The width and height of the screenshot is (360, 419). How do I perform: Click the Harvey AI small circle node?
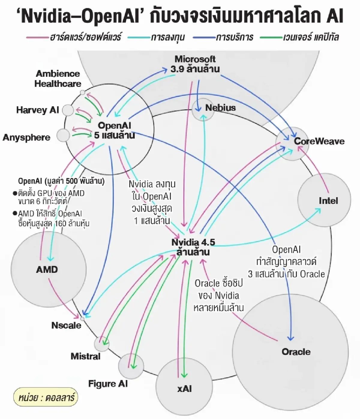click(68, 110)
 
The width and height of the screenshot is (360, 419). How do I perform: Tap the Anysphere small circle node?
click(63, 135)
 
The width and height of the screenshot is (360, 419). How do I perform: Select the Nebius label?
click(220, 108)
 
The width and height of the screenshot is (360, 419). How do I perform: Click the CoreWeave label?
click(319, 141)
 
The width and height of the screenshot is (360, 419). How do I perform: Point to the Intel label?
click(328, 200)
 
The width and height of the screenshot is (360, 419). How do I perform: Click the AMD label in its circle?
click(47, 269)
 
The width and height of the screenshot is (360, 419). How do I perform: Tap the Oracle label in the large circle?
click(296, 351)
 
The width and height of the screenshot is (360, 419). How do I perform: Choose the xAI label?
click(184, 389)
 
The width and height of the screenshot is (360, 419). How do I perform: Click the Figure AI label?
click(108, 384)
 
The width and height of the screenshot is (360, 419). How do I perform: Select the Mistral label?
click(85, 356)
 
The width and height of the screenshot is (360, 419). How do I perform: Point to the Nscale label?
click(66, 325)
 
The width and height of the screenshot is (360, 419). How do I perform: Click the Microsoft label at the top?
click(195, 59)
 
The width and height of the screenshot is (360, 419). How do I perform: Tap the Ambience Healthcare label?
click(58, 79)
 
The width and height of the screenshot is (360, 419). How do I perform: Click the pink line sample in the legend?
click(37, 38)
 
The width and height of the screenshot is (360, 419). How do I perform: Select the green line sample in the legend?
click(271, 38)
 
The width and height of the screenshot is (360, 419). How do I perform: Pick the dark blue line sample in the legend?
click(204, 38)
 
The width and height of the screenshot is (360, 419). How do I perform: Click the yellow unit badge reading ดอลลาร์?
click(45, 398)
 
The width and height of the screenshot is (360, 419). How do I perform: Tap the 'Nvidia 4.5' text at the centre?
click(193, 242)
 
